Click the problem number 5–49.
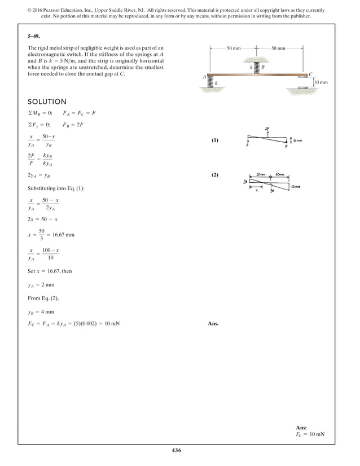(x=35, y=36)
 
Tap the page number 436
(x=179, y=450)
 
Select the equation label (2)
(x=215, y=175)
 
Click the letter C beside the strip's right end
(x=311, y=74)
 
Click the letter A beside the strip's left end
(x=204, y=76)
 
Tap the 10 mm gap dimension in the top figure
(x=320, y=82)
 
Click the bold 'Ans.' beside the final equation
(x=213, y=324)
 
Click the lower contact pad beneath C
(x=304, y=87)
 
